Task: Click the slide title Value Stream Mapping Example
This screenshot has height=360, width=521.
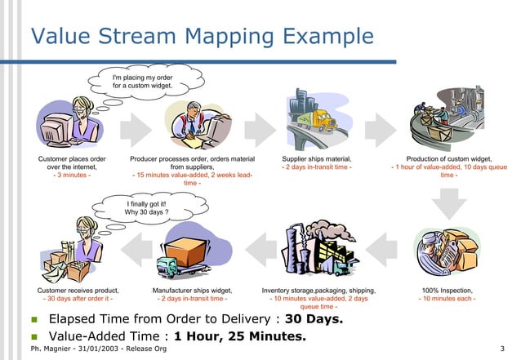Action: pos(202,37)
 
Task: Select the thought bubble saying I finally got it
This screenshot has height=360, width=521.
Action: pos(146,207)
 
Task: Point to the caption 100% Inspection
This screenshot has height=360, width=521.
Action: pos(447,290)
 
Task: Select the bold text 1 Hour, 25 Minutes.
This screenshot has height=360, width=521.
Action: pos(239,336)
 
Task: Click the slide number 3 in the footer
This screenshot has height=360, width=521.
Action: pos(501,349)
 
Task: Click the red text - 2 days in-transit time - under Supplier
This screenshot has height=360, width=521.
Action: pos(317,167)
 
